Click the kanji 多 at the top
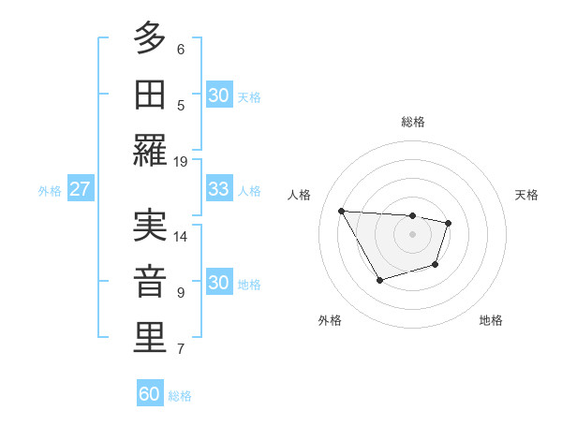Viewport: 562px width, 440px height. tap(150, 39)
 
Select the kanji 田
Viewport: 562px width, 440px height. tap(150, 95)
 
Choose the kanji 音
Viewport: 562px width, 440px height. tap(150, 282)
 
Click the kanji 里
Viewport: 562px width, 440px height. tap(150, 338)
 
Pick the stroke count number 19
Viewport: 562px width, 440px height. tap(181, 161)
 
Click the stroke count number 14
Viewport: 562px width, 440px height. tap(181, 236)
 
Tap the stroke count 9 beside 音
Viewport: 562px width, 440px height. tap(181, 293)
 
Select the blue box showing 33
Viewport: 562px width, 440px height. tap(219, 189)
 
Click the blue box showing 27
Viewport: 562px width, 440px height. tap(80, 189)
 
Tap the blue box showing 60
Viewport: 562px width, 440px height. tap(150, 394)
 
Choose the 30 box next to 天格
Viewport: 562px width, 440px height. tap(219, 95)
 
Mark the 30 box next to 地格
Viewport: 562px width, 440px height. tap(219, 283)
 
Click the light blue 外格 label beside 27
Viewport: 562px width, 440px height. tap(50, 191)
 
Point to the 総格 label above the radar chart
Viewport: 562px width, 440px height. tap(412, 122)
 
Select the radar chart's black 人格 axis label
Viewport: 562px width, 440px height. tap(300, 195)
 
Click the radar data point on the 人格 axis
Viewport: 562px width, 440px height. tap(342, 211)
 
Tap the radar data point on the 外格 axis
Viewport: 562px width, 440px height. tap(379, 280)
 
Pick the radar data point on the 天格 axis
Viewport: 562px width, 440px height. tap(449, 223)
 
